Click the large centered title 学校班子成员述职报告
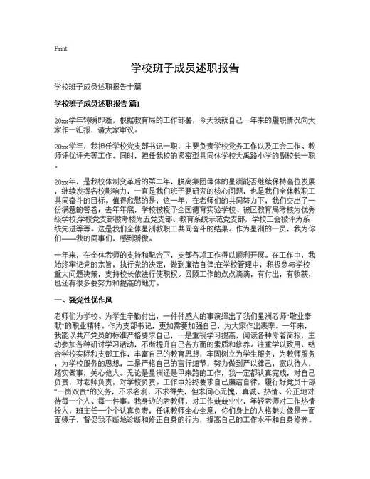pyautogui.click(x=184, y=69)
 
